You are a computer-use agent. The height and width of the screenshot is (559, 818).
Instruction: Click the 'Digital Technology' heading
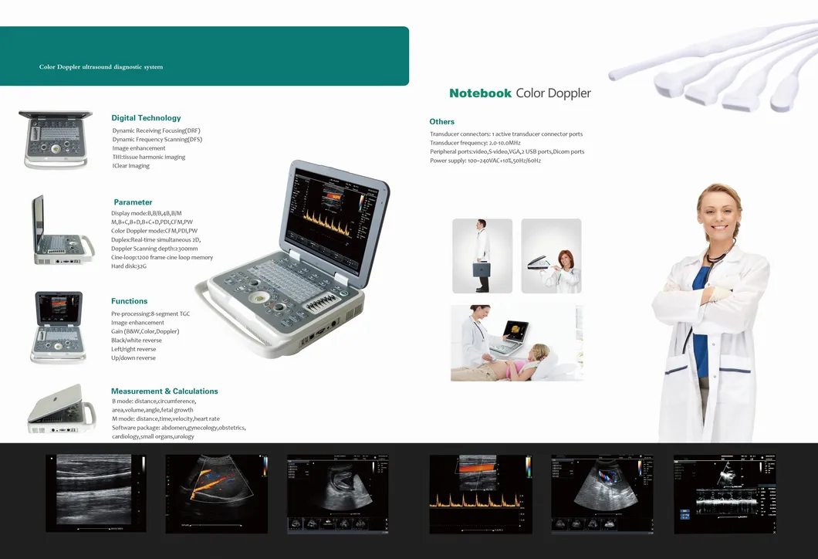click(x=146, y=118)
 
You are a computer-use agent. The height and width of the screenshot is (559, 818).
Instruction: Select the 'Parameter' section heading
click(x=133, y=202)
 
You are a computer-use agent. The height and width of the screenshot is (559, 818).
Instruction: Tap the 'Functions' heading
click(x=129, y=301)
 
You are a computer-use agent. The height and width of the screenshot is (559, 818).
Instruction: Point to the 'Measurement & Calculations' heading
click(x=164, y=391)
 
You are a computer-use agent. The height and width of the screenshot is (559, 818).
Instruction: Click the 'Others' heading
click(x=442, y=122)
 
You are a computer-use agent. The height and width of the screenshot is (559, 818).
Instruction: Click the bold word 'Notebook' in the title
click(x=480, y=93)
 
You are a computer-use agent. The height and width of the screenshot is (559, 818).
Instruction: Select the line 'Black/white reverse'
click(x=137, y=340)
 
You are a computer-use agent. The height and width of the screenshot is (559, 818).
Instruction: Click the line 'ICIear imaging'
click(x=131, y=166)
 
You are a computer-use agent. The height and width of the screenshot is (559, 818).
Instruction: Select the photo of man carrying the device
click(x=482, y=256)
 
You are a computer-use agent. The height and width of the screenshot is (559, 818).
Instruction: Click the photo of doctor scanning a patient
click(x=516, y=343)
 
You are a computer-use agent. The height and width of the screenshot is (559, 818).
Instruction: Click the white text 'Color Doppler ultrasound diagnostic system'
click(x=101, y=67)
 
